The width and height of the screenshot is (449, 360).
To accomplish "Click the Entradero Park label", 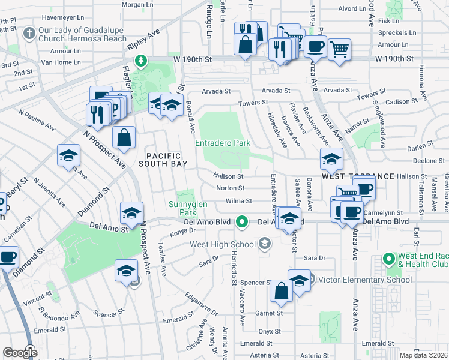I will point(222,143).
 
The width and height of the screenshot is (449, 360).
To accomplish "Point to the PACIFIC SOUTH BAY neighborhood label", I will point(163,158).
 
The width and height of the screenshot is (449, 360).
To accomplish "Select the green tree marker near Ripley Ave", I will point(140,61).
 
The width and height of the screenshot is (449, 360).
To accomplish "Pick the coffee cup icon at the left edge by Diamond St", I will point(8,258).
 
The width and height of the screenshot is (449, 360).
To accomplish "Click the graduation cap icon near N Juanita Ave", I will point(69,157).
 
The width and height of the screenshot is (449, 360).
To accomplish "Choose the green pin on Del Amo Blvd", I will point(242,222).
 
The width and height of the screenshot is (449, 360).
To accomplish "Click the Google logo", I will point(20,353).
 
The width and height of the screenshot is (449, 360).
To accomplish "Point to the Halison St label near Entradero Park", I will point(228,177).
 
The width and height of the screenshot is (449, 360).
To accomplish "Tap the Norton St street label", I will point(230,189).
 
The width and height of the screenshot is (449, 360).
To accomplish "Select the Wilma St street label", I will point(238,202).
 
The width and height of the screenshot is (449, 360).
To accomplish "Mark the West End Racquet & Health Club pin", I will point(388,260).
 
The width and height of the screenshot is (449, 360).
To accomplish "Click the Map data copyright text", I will point(423,355).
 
